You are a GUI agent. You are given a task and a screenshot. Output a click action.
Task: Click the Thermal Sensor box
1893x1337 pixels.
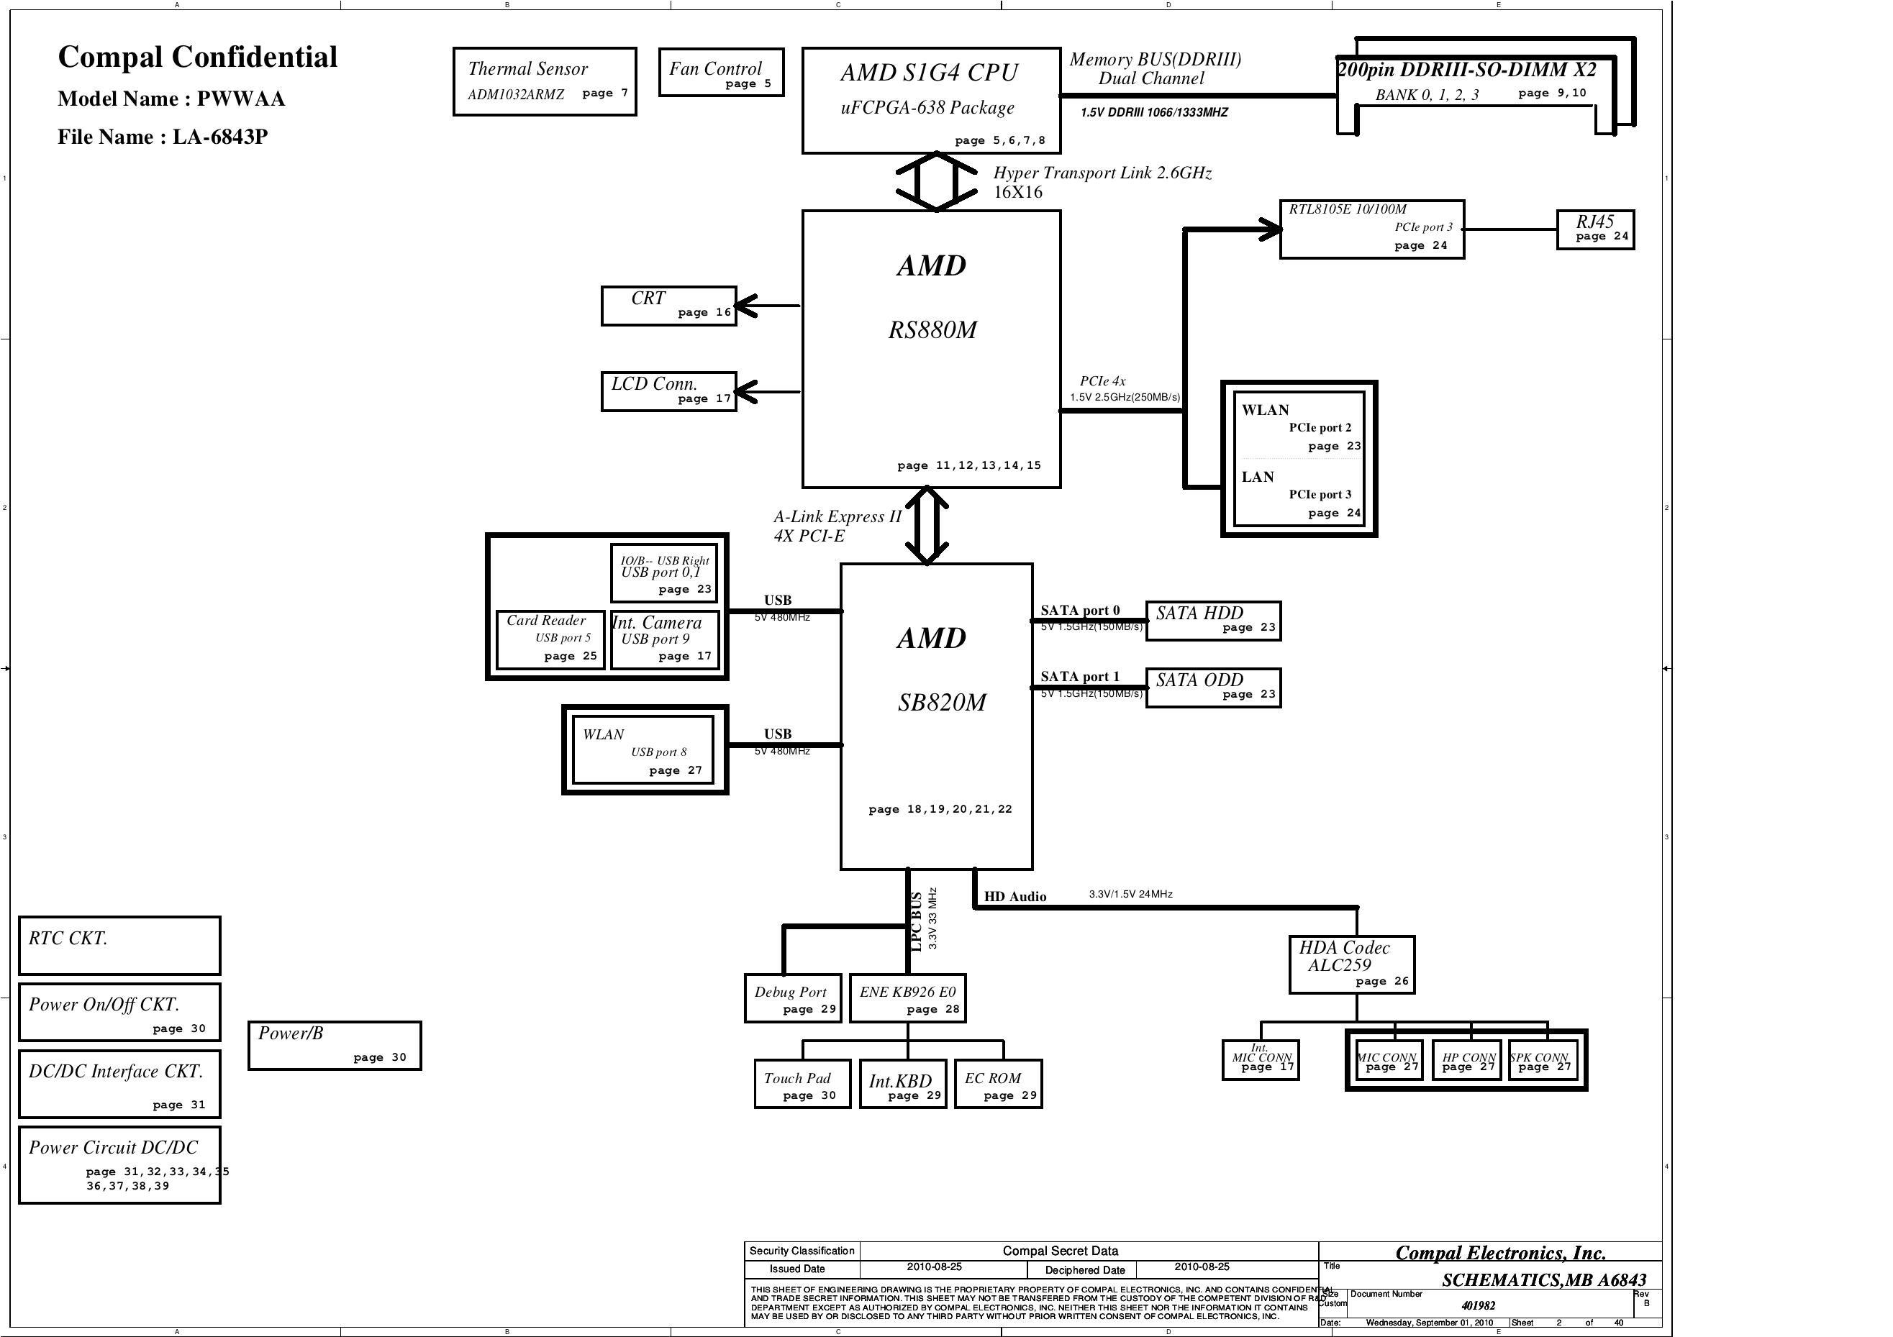pyautogui.click(x=544, y=81)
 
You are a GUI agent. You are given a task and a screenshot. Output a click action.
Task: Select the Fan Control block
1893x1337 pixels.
pyautogui.click(x=721, y=73)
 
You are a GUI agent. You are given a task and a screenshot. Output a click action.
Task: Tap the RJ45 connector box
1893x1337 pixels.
pyautogui.click(x=1594, y=229)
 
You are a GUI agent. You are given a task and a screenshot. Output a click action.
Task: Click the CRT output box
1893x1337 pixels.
pyautogui.click(x=668, y=306)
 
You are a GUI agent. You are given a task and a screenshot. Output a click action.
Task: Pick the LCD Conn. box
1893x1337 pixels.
pyautogui.click(x=668, y=391)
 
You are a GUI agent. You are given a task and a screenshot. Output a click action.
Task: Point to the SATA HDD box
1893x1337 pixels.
pyautogui.click(x=1213, y=621)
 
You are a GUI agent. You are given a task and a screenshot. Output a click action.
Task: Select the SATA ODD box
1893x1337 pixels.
pyautogui.click(x=1213, y=688)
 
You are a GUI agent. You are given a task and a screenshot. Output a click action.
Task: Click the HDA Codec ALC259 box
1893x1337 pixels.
pyautogui.click(x=1351, y=964)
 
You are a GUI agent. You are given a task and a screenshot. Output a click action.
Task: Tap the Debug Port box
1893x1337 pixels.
pyautogui.click(x=792, y=998)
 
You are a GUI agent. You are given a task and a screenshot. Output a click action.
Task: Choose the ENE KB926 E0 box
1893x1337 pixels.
pyautogui.click(x=907, y=998)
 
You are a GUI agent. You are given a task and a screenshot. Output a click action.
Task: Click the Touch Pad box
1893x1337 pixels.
pyautogui.click(x=802, y=1084)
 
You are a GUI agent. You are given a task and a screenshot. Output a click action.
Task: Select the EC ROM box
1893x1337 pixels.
pyautogui.click(x=998, y=1084)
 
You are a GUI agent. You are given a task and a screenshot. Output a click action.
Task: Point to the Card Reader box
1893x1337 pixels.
pyautogui.click(x=550, y=639)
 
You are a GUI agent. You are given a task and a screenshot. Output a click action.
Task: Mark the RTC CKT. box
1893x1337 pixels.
pyautogui.click(x=119, y=946)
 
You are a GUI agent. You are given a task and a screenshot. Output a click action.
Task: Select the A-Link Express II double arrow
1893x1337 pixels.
pyautogui.click(x=927, y=525)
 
